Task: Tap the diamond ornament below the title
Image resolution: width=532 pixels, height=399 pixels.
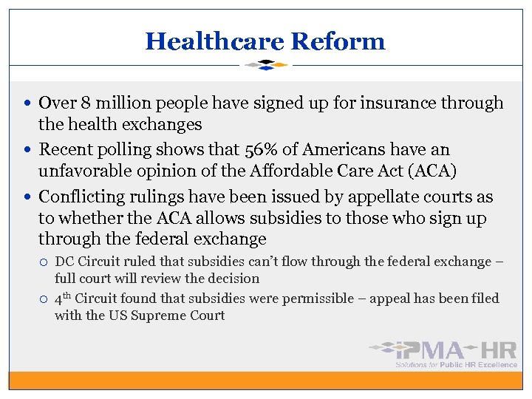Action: (266, 65)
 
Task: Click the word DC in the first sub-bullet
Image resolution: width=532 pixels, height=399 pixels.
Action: (64, 262)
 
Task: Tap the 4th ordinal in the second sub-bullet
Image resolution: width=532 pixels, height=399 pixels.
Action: (63, 299)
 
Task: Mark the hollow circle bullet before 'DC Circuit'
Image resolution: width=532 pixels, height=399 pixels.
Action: (44, 262)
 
